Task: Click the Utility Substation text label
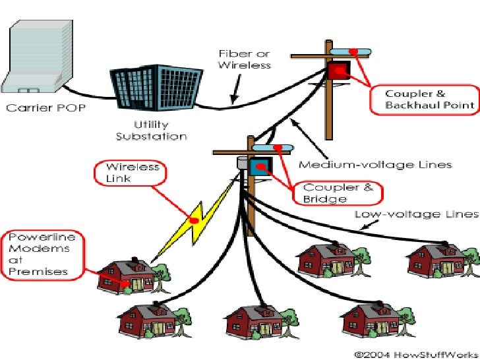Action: coord(151,130)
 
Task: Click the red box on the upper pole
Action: coord(340,72)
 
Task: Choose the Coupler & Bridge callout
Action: coord(338,193)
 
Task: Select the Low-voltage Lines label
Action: coord(416,214)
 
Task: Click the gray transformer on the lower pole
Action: coord(241,162)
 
